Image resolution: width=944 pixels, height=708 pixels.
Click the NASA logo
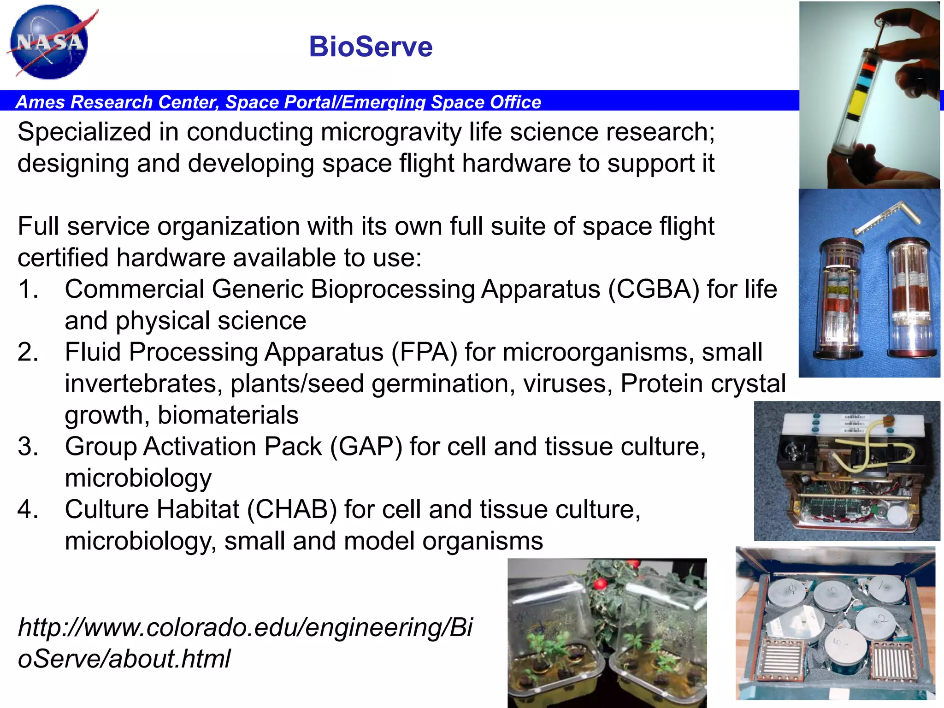[49, 42]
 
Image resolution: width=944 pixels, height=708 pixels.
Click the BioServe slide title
[371, 47]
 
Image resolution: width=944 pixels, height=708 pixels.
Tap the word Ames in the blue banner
[40, 102]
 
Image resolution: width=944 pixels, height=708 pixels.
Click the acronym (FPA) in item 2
[424, 353]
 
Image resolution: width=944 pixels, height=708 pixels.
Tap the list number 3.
[28, 447]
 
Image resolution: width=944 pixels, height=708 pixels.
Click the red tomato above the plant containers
[600, 584]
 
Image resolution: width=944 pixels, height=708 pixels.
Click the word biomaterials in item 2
[228, 415]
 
